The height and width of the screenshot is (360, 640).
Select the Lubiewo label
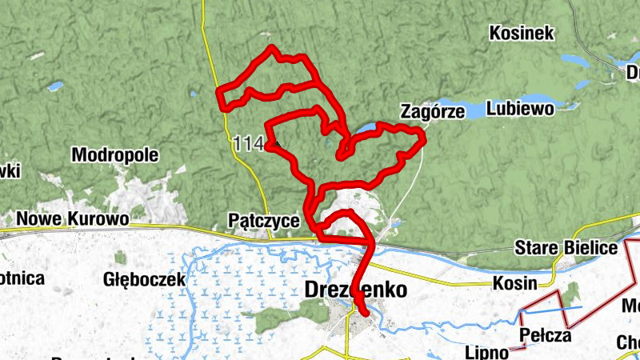click(520, 110)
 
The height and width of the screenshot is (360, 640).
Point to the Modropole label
click(115, 154)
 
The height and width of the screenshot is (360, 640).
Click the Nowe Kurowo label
click(73, 218)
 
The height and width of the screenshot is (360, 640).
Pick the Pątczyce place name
click(264, 220)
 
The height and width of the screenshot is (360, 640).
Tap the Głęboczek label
click(145, 279)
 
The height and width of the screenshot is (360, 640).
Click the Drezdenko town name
click(356, 290)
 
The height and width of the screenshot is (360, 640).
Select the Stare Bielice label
click(566, 247)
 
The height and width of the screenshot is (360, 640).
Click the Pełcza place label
click(545, 334)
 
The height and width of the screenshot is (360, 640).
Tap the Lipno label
click(486, 352)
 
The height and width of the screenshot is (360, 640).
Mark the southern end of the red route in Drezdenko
click(364, 314)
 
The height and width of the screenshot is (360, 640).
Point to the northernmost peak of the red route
click(272, 48)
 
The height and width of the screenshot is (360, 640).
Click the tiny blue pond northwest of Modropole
click(54, 86)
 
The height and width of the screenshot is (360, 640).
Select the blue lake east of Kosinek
click(575, 60)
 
